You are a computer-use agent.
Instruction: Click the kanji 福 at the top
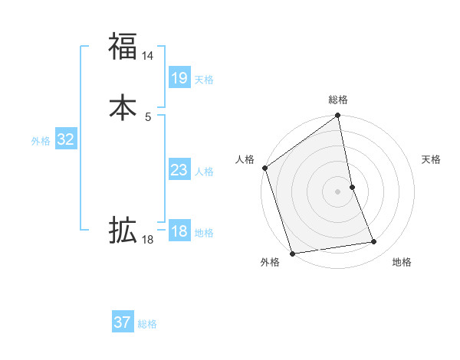pyautogui.click(x=123, y=47)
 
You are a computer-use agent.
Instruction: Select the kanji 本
pyautogui.click(x=123, y=108)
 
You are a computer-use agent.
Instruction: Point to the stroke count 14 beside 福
pyautogui.click(x=148, y=56)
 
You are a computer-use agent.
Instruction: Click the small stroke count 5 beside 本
pyautogui.click(x=148, y=116)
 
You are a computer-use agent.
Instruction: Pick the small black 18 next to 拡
pyautogui.click(x=148, y=240)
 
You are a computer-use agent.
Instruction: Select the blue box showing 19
pyautogui.click(x=179, y=78)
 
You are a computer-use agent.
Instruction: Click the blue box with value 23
pyautogui.click(x=179, y=170)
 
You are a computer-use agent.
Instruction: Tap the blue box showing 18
pyautogui.click(x=179, y=231)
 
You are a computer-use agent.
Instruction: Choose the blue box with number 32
pyautogui.click(x=66, y=139)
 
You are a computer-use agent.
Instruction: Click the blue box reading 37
pyautogui.click(x=123, y=322)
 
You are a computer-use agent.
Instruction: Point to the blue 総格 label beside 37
pyautogui.click(x=147, y=324)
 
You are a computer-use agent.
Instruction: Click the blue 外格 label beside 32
pyautogui.click(x=41, y=141)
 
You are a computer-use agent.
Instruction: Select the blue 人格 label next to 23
pyautogui.click(x=204, y=172)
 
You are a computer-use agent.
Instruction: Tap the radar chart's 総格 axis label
pyautogui.click(x=338, y=100)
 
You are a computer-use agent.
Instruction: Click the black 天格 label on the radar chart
pyautogui.click(x=432, y=159)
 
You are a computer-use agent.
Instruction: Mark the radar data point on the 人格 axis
pyautogui.click(x=264, y=168)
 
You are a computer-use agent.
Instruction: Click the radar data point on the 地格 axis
pyautogui.click(x=374, y=242)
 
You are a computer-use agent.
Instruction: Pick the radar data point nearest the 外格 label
pyautogui.click(x=292, y=252)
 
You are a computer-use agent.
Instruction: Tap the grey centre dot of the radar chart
pyautogui.click(x=338, y=191)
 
